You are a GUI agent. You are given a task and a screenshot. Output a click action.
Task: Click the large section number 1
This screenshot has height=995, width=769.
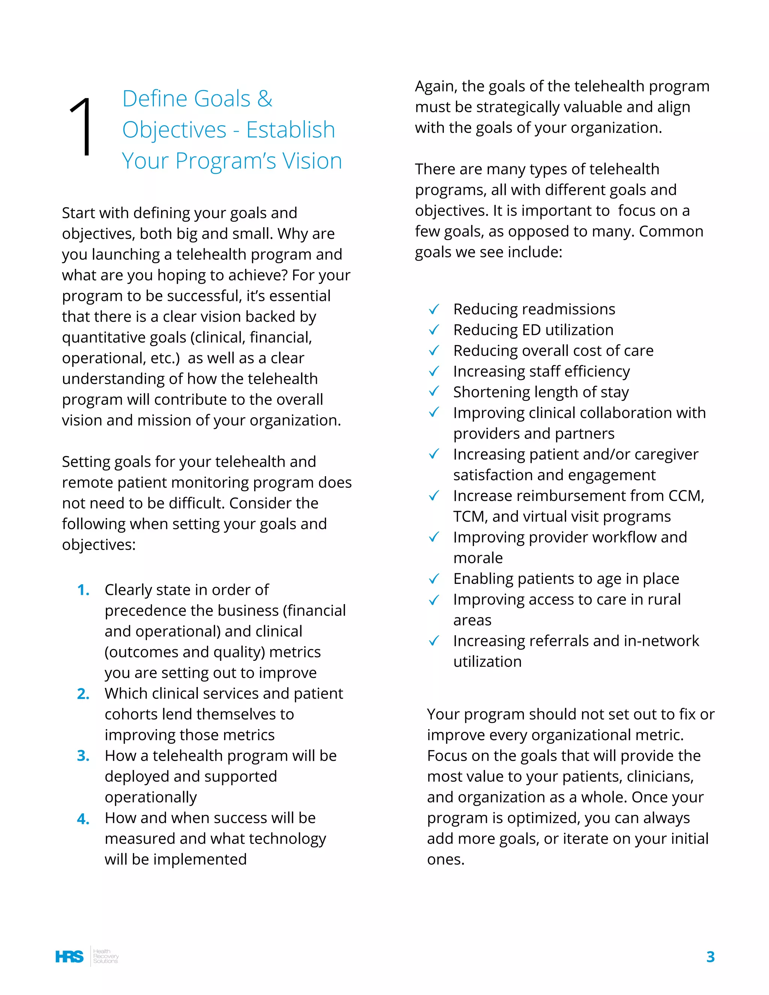point(81,127)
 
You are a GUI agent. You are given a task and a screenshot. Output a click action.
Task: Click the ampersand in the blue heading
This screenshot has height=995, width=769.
point(265,99)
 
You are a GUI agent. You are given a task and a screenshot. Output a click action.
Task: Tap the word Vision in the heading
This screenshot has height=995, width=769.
point(312,161)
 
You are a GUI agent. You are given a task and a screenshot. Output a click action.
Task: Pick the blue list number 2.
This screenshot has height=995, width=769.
point(83,694)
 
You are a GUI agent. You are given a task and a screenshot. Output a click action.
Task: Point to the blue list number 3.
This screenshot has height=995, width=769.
point(83,756)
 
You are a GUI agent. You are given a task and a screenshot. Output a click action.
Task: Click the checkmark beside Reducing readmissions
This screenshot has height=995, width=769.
point(434,309)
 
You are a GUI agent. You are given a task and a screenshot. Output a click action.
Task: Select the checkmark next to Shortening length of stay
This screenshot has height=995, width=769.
point(434,391)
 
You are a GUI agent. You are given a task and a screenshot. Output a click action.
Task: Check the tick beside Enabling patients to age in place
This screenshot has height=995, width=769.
point(434,579)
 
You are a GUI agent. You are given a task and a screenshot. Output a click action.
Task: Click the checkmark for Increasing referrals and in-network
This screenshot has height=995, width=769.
point(434,641)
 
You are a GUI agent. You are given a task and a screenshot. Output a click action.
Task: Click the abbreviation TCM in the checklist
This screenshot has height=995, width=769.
point(470,517)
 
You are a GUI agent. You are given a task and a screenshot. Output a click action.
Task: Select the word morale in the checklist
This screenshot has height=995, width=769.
point(478,558)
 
